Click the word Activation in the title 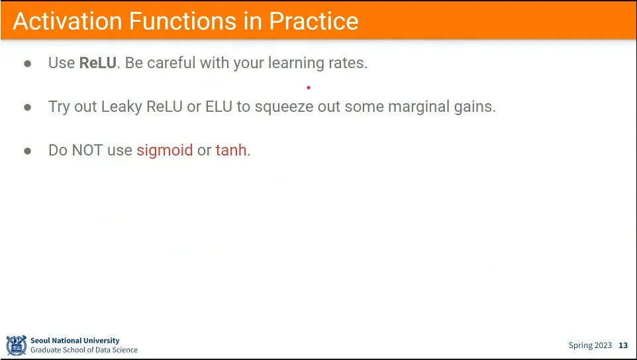[x=68, y=21]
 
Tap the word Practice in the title [x=314, y=21]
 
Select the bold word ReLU [x=98, y=63]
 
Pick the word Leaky [x=121, y=107]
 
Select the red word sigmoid [x=164, y=151]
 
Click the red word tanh [x=230, y=150]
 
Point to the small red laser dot [x=309, y=87]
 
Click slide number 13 [x=623, y=345]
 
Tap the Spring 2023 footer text [x=590, y=346]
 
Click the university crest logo [x=17, y=345]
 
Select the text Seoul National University [x=75, y=341]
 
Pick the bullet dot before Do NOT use [x=28, y=151]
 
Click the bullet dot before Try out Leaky [x=28, y=107]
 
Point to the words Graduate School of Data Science [x=84, y=350]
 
